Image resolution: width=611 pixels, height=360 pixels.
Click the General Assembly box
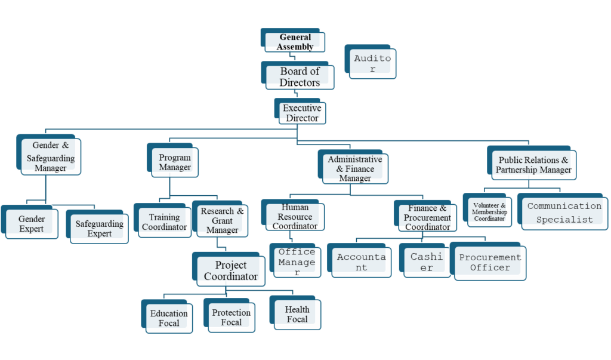(x=295, y=42)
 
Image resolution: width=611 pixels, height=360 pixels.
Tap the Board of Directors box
(x=300, y=77)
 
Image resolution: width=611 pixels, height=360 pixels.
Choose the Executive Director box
(x=302, y=113)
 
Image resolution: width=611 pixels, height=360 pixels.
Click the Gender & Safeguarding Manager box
(x=51, y=156)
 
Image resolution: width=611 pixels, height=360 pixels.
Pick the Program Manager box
(x=175, y=162)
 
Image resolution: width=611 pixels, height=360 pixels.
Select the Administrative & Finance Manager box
(x=355, y=168)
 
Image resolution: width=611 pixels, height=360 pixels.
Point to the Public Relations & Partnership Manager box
(x=533, y=165)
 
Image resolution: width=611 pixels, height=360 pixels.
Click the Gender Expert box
(x=32, y=224)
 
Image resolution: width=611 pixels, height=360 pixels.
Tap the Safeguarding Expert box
(x=99, y=228)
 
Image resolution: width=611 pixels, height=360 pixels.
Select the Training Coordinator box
(x=164, y=222)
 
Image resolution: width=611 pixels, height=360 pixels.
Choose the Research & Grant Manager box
(x=222, y=220)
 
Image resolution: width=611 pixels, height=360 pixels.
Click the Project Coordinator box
(x=230, y=270)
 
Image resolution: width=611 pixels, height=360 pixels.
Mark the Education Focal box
(x=169, y=318)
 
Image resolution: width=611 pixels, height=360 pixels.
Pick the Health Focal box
(x=297, y=314)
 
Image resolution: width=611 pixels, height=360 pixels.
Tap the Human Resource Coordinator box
(x=295, y=217)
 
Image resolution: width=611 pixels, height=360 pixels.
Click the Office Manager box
(x=297, y=261)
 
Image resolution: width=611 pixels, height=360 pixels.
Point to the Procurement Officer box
(x=490, y=262)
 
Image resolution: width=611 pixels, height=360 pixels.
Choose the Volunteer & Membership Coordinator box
(x=489, y=212)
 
